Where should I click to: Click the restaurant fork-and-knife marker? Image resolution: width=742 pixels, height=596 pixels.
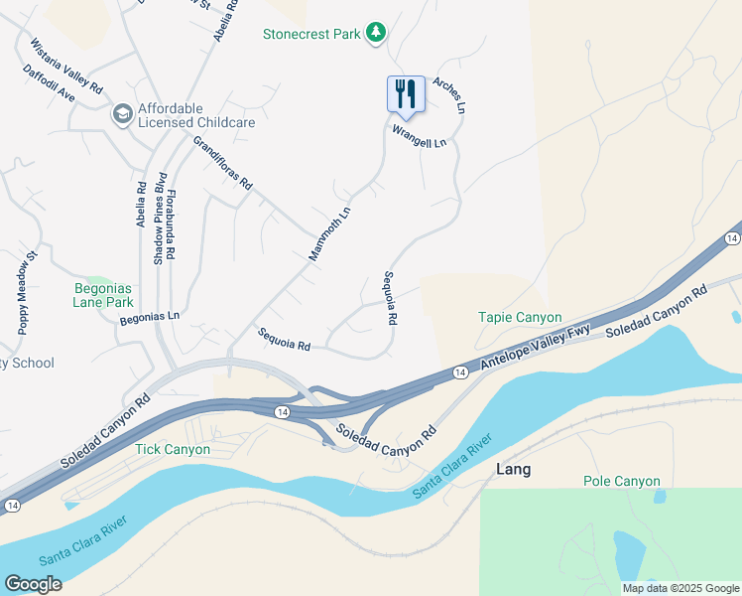click(405, 93)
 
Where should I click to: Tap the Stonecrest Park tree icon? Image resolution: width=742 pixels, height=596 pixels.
click(375, 34)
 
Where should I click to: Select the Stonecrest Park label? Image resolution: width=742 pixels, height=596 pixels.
click(310, 34)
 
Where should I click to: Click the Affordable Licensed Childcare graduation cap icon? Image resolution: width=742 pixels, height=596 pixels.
click(123, 114)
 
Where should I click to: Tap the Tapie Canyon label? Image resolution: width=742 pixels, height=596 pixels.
click(520, 318)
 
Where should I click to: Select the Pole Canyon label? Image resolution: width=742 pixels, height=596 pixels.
click(621, 482)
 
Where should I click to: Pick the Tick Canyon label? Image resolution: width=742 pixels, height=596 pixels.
click(173, 449)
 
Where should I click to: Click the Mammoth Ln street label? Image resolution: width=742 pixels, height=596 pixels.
click(329, 234)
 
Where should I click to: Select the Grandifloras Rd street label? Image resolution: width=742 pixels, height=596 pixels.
click(222, 164)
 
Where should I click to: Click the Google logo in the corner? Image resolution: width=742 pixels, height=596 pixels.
click(33, 584)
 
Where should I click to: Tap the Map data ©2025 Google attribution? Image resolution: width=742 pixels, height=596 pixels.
click(681, 588)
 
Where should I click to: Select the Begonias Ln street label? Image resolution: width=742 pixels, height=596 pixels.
click(149, 318)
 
